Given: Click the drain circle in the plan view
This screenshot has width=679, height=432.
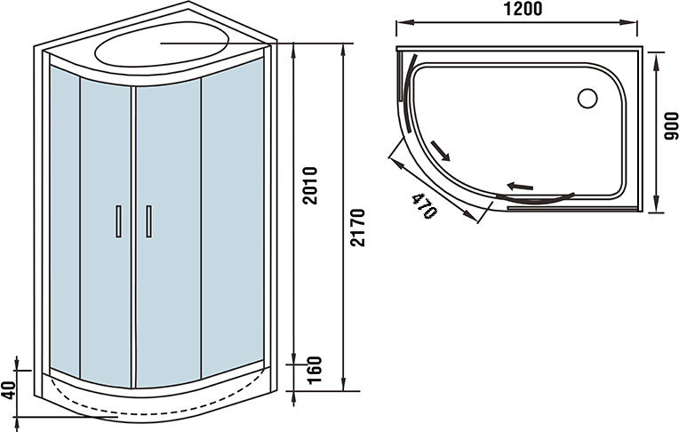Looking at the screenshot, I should click(x=587, y=97).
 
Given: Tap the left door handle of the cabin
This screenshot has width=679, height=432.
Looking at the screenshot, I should click(x=116, y=221).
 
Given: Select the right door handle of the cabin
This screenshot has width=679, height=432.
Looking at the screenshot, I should click(x=148, y=221).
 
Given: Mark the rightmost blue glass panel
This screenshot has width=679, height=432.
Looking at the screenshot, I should click(x=232, y=213).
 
